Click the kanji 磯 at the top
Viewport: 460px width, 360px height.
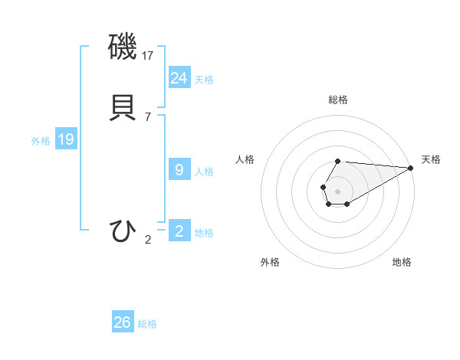(123, 48)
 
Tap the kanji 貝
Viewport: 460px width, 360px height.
(123, 106)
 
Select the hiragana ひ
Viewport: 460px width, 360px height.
(123, 231)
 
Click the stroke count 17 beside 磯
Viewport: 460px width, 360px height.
(149, 56)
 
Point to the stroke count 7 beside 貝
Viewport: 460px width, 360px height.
(147, 116)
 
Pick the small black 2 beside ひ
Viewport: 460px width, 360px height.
(148, 240)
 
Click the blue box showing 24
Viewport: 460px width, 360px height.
(179, 77)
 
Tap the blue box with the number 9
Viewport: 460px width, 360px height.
(179, 170)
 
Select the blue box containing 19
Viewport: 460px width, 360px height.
(66, 139)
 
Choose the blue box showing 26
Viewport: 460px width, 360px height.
(123, 322)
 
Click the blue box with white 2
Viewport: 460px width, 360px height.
(179, 231)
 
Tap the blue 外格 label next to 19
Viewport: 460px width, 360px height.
(41, 141)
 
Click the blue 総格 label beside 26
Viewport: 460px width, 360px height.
(148, 324)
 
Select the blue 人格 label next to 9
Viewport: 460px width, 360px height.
(204, 172)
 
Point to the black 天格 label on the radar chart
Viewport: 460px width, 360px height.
(432, 159)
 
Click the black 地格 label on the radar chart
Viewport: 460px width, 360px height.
(402, 262)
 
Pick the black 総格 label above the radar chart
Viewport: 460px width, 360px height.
(338, 100)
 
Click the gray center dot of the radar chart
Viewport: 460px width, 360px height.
(337, 190)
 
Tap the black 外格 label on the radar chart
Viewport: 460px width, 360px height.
(270, 262)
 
